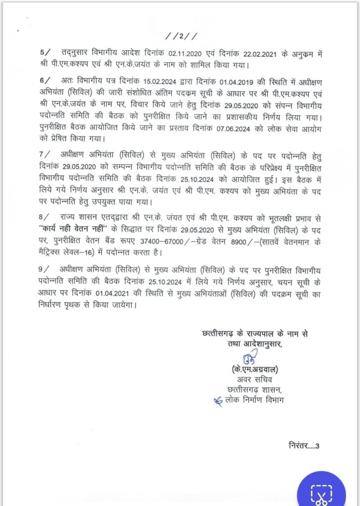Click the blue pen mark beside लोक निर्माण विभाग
217,401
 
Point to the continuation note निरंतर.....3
304,446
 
